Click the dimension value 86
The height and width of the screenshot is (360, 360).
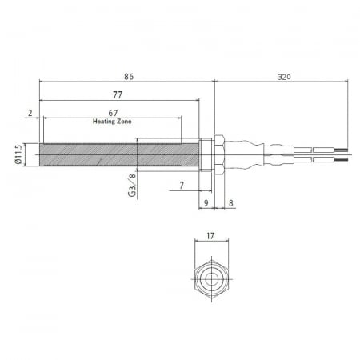click(129, 77)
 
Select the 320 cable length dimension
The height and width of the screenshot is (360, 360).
click(284, 77)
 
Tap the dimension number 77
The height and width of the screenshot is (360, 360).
click(118, 95)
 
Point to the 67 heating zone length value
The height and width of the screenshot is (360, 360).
click(113, 113)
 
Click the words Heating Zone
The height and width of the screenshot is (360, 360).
click(112, 122)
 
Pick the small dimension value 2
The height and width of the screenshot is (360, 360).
click(30, 113)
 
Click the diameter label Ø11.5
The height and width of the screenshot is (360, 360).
click(18, 154)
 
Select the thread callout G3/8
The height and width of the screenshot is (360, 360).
click(132, 186)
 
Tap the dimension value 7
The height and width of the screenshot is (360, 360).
click(182, 186)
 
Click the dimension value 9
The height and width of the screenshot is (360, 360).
click(206, 203)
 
